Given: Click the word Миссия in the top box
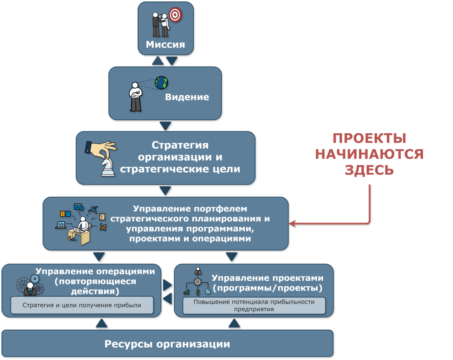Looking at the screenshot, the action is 166,45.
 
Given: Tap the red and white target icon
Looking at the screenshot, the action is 175,15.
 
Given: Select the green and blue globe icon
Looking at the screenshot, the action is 161,83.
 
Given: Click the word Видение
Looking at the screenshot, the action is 187,97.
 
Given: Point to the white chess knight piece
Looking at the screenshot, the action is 108,167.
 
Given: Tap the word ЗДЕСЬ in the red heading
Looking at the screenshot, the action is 369,170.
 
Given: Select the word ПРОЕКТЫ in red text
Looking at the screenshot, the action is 369,138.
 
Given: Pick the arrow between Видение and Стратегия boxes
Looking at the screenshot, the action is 166,126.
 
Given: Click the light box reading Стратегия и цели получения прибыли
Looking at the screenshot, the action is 82,305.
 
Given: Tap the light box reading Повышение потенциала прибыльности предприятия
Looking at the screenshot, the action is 254,305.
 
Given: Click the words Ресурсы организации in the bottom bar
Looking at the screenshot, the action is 167,344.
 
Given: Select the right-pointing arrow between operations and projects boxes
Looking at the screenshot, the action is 168,285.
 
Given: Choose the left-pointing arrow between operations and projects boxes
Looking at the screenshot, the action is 168,299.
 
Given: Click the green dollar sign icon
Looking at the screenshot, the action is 198,292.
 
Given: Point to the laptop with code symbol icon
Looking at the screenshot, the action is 61,225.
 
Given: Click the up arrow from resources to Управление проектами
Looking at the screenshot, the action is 234,323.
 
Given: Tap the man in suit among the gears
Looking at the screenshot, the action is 30,289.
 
